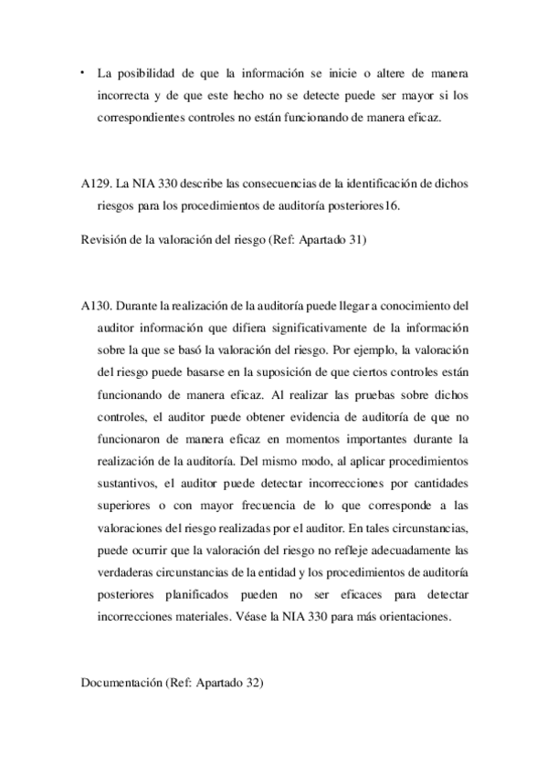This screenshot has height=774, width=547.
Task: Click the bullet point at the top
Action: [83, 70]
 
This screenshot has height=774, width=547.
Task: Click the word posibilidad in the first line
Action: [148, 72]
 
